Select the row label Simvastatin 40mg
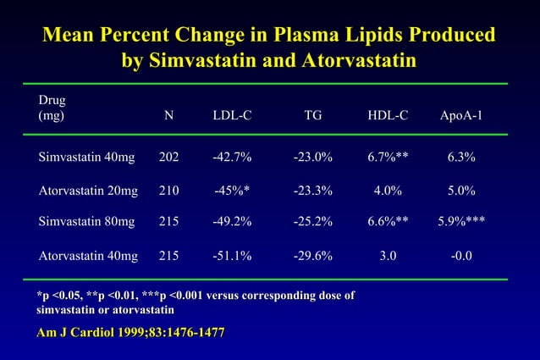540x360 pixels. pyautogui.click(x=87, y=158)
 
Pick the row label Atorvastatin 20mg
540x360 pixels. pyautogui.click(x=89, y=191)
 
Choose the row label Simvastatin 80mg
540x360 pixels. pyautogui.click(x=87, y=222)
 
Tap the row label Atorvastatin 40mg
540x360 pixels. pyautogui.click(x=89, y=254)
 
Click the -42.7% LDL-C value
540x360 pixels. pyautogui.click(x=232, y=158)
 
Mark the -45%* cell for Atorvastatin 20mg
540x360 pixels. pyautogui.click(x=232, y=191)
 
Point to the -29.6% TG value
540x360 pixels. pyautogui.click(x=312, y=254)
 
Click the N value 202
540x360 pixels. pyautogui.click(x=169, y=158)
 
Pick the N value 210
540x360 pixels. pyautogui.click(x=169, y=191)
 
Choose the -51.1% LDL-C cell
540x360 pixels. pyautogui.click(x=232, y=254)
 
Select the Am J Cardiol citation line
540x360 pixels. pyautogui.click(x=131, y=333)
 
